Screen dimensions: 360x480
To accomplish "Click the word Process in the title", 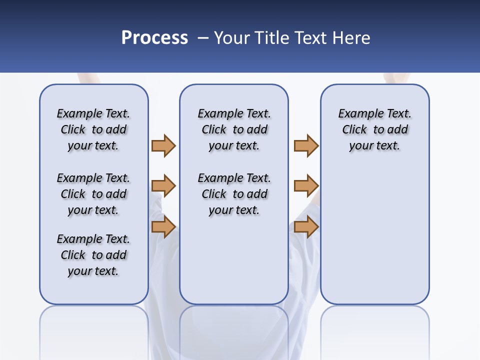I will (154, 38).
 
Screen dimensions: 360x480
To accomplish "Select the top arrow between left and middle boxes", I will (163, 145).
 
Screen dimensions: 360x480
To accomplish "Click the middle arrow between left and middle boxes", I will (163, 186).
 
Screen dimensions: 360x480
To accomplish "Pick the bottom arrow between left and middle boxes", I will (163, 226).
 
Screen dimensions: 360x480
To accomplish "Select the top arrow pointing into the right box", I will (306, 145).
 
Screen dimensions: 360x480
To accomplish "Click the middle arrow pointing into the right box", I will (306, 186).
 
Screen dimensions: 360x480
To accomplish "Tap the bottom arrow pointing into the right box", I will (306, 226).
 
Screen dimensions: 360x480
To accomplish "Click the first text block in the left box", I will (93, 129).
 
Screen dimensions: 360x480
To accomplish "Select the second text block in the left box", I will (93, 194).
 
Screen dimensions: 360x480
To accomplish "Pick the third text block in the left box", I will (93, 255).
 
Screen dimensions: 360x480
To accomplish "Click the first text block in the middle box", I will (234, 129).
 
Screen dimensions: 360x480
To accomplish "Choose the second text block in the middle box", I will (234, 194).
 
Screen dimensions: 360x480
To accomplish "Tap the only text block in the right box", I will (374, 129).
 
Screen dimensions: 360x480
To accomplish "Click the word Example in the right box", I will (356, 113).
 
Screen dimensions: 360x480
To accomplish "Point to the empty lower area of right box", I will (374, 235).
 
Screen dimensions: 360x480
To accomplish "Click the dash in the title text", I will (203, 38).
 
